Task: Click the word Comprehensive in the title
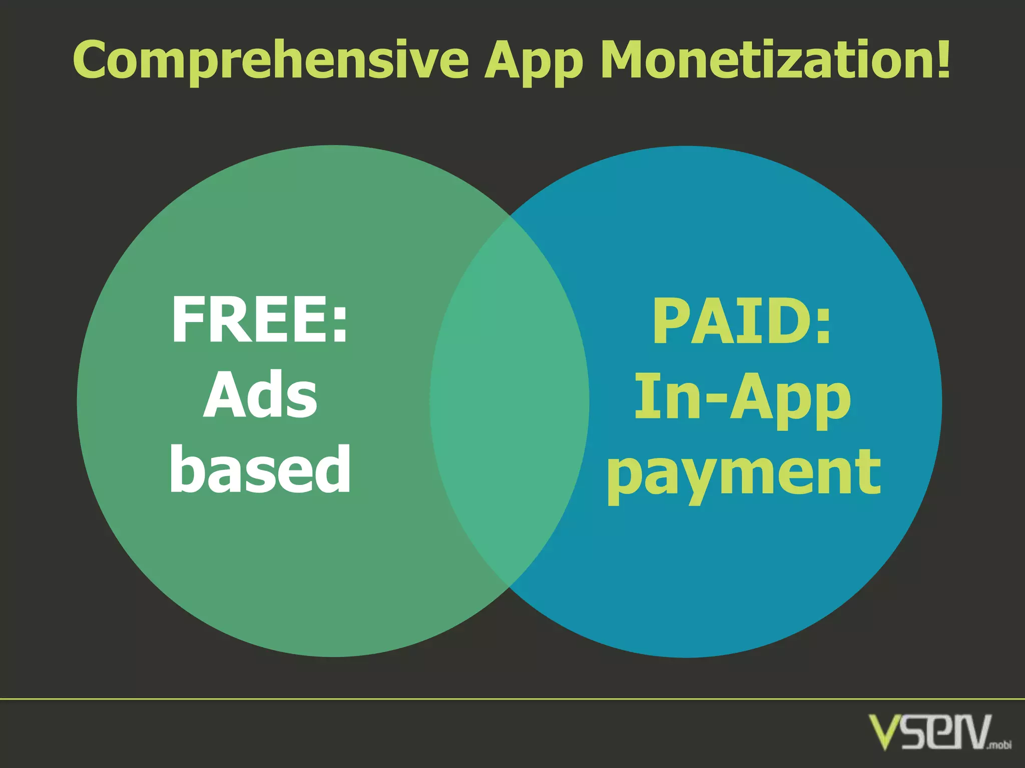point(271,60)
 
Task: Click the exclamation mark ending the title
point(943,58)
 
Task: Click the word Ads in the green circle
point(260,395)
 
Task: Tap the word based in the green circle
point(260,469)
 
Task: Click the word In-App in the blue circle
point(743,398)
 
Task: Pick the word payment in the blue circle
point(744,473)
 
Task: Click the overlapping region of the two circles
point(509,400)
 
